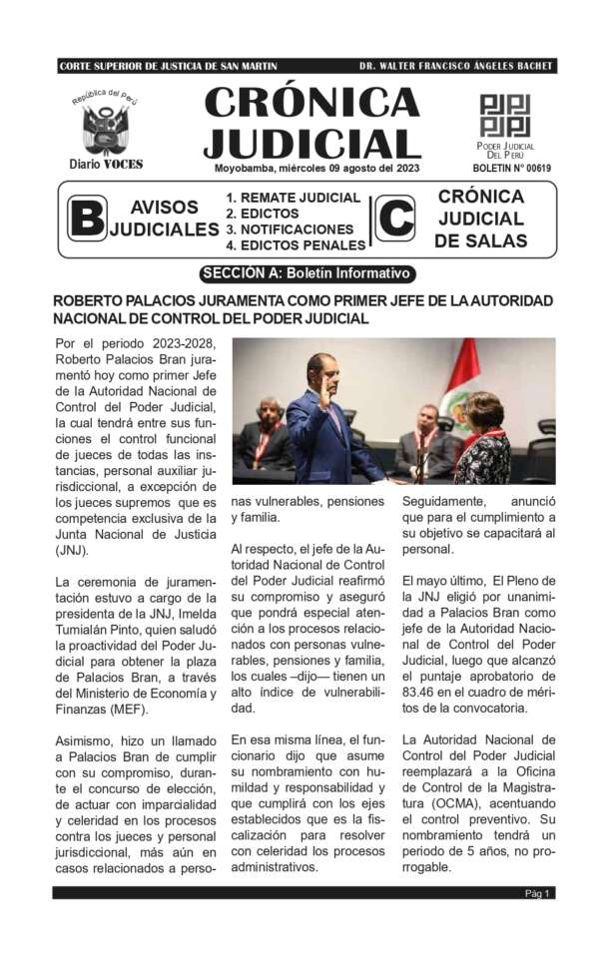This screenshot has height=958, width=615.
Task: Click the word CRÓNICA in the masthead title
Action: tap(311, 103)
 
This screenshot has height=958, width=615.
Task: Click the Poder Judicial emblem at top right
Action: tap(505, 116)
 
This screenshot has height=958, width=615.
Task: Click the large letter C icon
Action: tap(395, 219)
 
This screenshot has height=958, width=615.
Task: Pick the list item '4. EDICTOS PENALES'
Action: tap(296, 245)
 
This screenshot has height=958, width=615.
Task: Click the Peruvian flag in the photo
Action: tap(461, 373)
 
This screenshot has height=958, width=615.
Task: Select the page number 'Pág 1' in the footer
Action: tap(537, 893)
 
